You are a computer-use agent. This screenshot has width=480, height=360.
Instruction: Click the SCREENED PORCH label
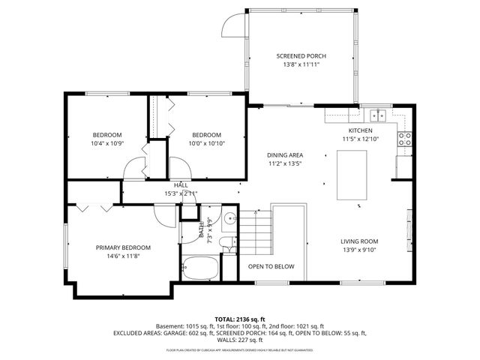tap(301, 56)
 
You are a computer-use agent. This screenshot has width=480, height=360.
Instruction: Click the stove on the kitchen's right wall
tap(406, 139)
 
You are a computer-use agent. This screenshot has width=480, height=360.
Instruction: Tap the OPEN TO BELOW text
tap(271, 267)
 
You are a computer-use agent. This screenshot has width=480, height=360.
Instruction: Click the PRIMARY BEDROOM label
tap(123, 247)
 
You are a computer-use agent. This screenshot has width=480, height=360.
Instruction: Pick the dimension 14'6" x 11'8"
tap(123, 256)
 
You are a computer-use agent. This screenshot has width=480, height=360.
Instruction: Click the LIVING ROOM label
tap(360, 241)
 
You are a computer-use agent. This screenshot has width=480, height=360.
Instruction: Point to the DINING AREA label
tap(284, 155)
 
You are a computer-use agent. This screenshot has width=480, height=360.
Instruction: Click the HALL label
tap(181, 184)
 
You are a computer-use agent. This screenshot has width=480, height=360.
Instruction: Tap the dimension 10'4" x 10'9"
tap(106, 143)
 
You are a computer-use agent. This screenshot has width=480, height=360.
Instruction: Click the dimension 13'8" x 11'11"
tap(301, 64)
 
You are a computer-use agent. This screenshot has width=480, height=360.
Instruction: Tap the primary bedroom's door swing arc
tap(162, 213)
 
